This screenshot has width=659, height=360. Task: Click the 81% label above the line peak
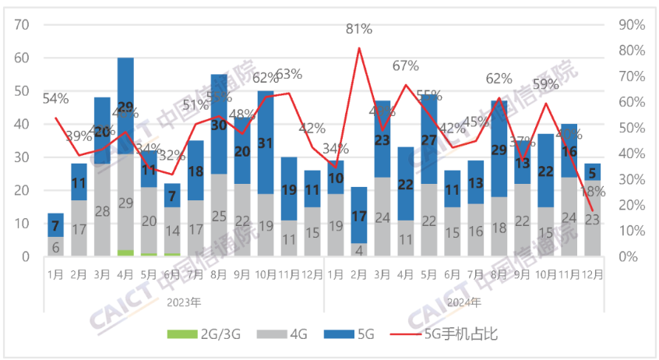pos(359,30)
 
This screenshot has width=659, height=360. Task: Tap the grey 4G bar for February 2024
pos(359,249)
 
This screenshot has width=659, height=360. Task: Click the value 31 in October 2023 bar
pos(266,143)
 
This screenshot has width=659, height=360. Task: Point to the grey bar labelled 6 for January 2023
pos(55,246)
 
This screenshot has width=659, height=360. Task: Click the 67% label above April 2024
pos(406,66)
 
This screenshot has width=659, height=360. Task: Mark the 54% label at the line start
pos(55,99)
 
